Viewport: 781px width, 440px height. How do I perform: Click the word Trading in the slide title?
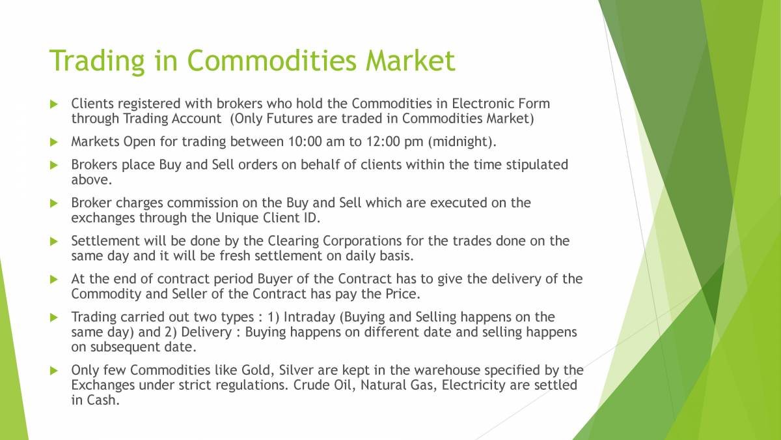click(x=96, y=61)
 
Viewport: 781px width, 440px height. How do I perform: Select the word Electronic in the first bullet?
click(x=483, y=103)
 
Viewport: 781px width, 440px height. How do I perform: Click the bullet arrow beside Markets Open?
click(x=55, y=141)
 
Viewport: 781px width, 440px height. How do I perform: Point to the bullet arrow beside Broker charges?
click(x=55, y=203)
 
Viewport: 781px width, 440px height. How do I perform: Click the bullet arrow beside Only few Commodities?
click(x=55, y=370)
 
